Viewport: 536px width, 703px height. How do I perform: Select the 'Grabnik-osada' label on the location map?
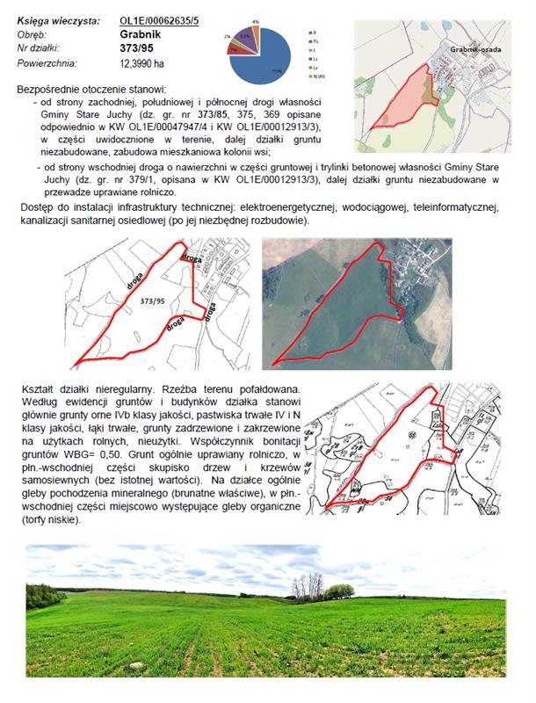(x=474, y=52)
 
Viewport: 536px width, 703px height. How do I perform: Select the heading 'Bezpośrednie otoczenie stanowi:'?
(x=91, y=89)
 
